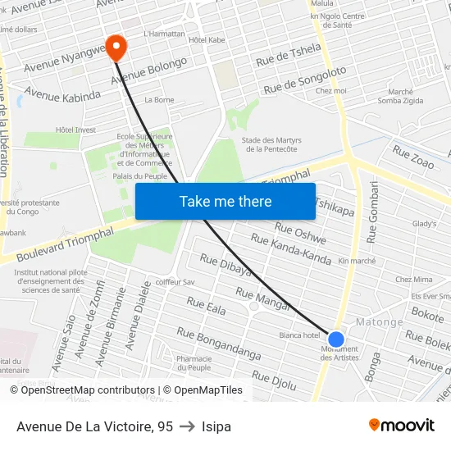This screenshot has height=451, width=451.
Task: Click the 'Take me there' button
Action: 225,201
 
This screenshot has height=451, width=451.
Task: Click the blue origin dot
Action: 335,339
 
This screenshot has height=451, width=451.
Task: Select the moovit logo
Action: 401,425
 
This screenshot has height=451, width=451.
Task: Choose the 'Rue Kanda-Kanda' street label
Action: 290,249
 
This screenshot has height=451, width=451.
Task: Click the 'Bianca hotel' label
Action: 299,335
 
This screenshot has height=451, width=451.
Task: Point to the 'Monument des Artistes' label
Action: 339,353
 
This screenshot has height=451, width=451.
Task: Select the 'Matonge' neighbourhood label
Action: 379,322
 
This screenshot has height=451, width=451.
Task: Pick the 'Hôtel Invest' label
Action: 75,130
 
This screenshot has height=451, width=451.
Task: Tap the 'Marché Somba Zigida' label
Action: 400,96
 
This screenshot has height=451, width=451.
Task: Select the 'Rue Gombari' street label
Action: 375,212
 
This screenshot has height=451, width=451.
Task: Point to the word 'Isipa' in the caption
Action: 216,426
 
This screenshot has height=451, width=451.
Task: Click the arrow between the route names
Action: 187,426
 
